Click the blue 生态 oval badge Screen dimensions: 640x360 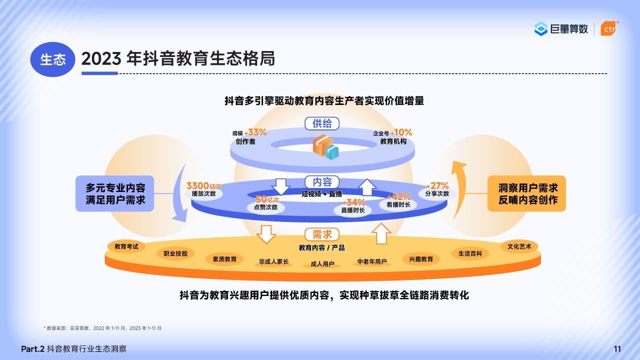(53, 59)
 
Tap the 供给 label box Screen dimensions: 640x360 (322, 123)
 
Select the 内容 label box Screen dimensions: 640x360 (322, 182)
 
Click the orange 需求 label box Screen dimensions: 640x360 (322, 234)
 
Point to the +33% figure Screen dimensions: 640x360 (255, 132)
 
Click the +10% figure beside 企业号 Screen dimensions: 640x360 (401, 132)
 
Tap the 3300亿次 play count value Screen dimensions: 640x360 (203, 186)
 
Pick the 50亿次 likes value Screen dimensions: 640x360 (267, 199)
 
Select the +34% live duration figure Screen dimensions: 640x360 (353, 202)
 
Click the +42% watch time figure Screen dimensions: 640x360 (399, 196)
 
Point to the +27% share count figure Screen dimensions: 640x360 (437, 185)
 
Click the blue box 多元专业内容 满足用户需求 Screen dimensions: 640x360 (115, 193)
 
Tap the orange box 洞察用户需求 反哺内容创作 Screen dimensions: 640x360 (526, 193)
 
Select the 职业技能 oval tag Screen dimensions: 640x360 (175, 253)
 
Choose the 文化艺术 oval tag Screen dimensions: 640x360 (519, 246)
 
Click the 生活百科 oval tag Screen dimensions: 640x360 (470, 253)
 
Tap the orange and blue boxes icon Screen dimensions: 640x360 (325, 147)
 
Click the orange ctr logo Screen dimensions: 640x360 (609, 28)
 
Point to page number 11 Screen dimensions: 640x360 (617, 349)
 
